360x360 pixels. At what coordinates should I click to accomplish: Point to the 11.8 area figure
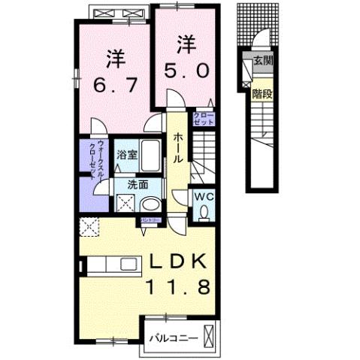point(179,287)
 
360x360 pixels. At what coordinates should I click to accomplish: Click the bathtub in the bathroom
point(149,159)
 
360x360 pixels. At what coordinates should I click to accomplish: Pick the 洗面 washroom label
point(136,183)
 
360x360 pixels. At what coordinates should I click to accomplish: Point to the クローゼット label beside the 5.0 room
point(203,117)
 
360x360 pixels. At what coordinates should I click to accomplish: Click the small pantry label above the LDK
point(150,220)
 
